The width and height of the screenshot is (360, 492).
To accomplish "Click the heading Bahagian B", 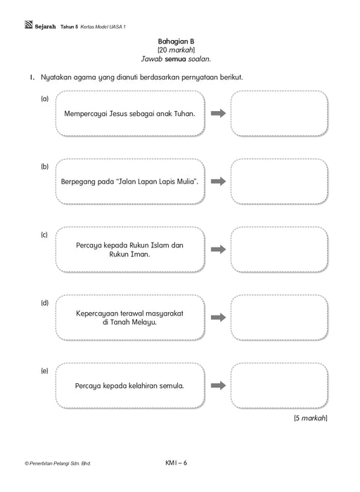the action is (x=176, y=41).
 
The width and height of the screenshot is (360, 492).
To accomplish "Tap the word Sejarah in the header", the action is (x=45, y=27).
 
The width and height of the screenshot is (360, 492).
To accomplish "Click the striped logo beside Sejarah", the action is (x=29, y=25).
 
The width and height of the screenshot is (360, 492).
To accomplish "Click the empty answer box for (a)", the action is (x=279, y=113).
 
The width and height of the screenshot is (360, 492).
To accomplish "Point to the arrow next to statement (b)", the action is (x=218, y=181).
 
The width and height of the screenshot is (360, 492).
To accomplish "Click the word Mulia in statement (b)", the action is (x=187, y=181).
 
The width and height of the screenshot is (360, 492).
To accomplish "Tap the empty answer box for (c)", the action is (x=279, y=250).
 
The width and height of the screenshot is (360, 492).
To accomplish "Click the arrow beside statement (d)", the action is (x=218, y=318).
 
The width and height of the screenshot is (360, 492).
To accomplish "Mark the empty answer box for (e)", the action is (x=279, y=386).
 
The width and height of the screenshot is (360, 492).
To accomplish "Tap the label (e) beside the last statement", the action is (x=44, y=371).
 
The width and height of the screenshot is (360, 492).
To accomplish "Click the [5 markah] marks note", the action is (x=310, y=418).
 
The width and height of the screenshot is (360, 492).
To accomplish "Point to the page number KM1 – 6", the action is (x=176, y=462).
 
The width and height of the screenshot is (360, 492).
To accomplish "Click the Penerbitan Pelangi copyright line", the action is (x=58, y=463).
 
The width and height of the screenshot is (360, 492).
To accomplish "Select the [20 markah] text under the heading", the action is (x=176, y=50).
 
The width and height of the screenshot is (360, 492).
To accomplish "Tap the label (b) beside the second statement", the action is (x=44, y=167).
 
